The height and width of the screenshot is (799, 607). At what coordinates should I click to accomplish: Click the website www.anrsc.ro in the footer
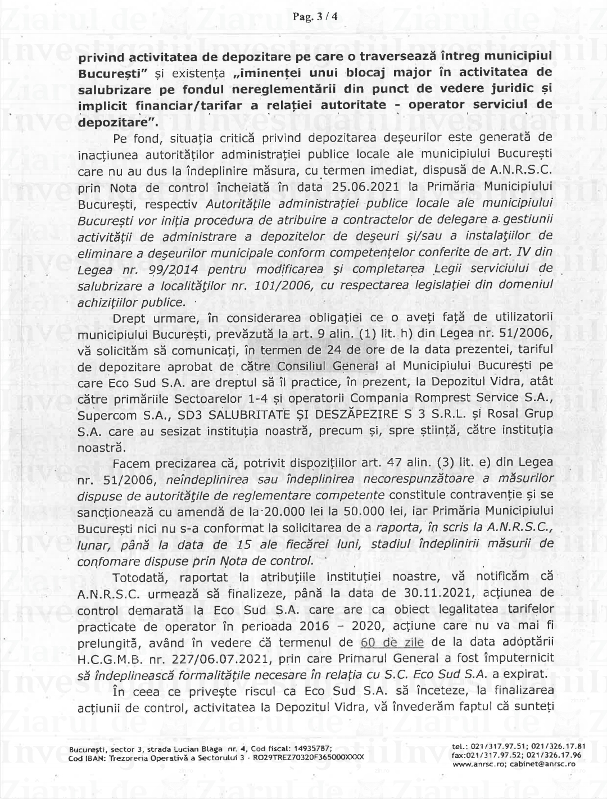[x=475, y=764]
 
